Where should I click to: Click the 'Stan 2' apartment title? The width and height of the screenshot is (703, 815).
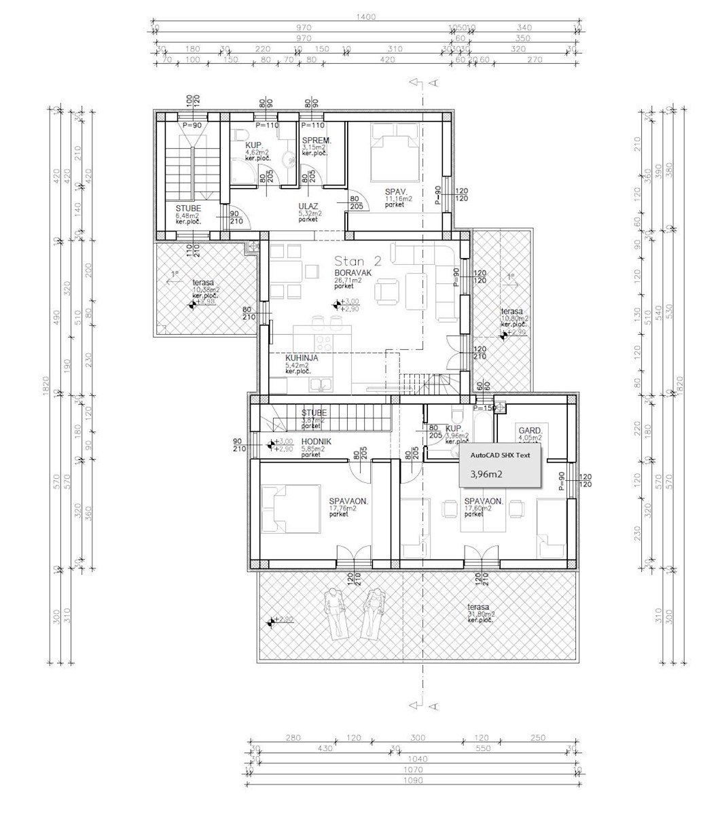click(358, 261)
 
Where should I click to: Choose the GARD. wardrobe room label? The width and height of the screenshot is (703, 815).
click(530, 431)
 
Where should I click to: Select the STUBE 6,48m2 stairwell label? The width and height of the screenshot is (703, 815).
click(187, 211)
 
